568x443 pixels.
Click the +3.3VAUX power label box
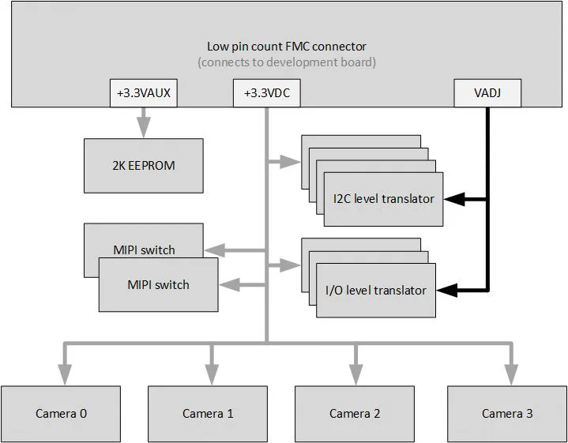143,93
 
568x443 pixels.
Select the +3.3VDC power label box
266,93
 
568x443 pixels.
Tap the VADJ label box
487,93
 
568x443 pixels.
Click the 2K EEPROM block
143,166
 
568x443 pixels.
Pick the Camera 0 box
61,413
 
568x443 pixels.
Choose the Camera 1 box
208,413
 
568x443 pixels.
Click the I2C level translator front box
383,199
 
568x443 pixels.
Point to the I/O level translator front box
375,291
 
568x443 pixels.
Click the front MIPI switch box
158,284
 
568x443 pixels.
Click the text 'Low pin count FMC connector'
287,47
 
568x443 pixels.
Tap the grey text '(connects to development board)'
287,62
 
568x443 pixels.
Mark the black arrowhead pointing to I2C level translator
453,199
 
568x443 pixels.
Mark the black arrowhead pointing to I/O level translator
446,290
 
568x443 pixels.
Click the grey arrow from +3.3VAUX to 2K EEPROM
143,122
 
